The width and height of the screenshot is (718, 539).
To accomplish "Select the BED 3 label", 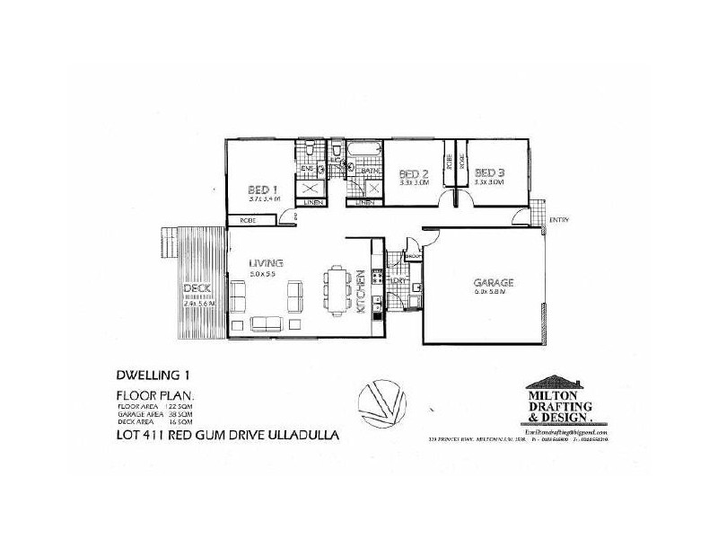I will [487, 173].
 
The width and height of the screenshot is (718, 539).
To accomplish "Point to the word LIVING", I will [267, 262].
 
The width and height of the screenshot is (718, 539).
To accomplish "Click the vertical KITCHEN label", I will [361, 292].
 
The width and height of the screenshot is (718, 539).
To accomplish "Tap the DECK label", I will [194, 289].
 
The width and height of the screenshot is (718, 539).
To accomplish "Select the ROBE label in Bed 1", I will [245, 220].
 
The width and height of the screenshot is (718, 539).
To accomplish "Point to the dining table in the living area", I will [339, 292].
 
